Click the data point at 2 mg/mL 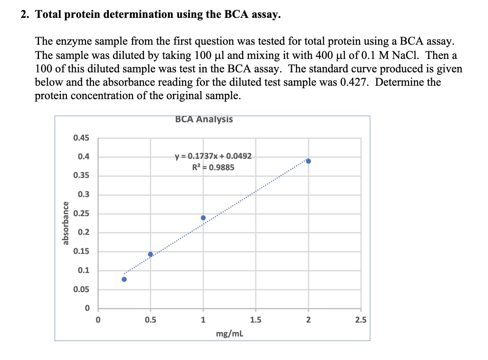(x=308, y=161)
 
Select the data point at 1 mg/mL (x=203, y=218)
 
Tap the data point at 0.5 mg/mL (x=151, y=254)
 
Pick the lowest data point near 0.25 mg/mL (x=124, y=279)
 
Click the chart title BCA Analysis (x=204, y=119)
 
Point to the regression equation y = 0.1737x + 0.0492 (x=213, y=156)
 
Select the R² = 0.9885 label (x=213, y=167)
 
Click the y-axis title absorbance (x=64, y=223)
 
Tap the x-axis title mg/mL (x=230, y=334)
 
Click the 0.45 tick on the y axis (x=82, y=138)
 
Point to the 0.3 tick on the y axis (x=84, y=195)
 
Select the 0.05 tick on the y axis (x=82, y=290)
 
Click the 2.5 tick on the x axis (x=361, y=320)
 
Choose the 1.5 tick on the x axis (x=256, y=320)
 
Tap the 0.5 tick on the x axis (x=151, y=320)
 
